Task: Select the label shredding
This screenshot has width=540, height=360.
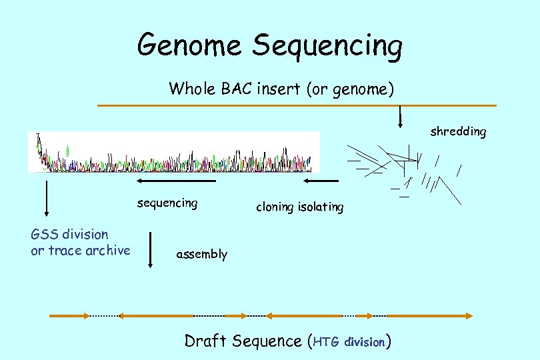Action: pos(458,131)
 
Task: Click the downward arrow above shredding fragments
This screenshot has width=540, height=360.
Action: pos(400,117)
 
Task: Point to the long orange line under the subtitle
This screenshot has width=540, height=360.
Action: pos(297,105)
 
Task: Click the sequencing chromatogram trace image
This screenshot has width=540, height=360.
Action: pos(173,152)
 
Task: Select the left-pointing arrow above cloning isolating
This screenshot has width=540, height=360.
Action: pos(321,180)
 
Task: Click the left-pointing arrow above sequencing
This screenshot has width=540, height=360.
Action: pos(176,180)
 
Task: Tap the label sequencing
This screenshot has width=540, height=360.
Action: pos(167,203)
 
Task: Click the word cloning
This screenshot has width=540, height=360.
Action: pos(275,207)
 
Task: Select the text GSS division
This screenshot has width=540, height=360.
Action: pos(69,234)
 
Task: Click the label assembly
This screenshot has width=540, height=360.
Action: pos(201,254)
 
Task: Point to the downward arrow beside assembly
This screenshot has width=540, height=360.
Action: pos(151,249)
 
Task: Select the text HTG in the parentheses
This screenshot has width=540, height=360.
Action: pos(327,342)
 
